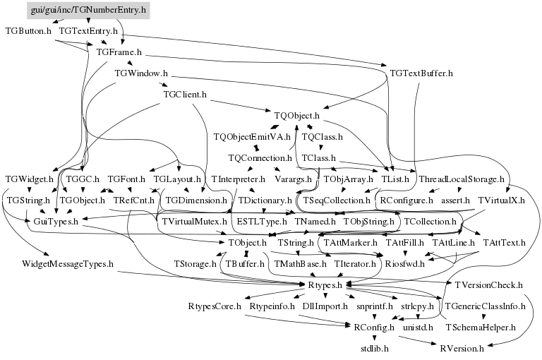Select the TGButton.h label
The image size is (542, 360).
click(28, 31)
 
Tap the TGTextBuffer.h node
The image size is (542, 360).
click(421, 73)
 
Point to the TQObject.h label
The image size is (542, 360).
click(296, 115)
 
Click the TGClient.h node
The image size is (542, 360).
click(184, 94)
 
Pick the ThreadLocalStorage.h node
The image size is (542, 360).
click(462, 179)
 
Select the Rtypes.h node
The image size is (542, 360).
click(325, 285)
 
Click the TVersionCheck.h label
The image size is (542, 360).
click(488, 285)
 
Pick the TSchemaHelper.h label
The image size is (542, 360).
click(480, 328)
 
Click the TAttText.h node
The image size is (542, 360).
click(504, 243)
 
